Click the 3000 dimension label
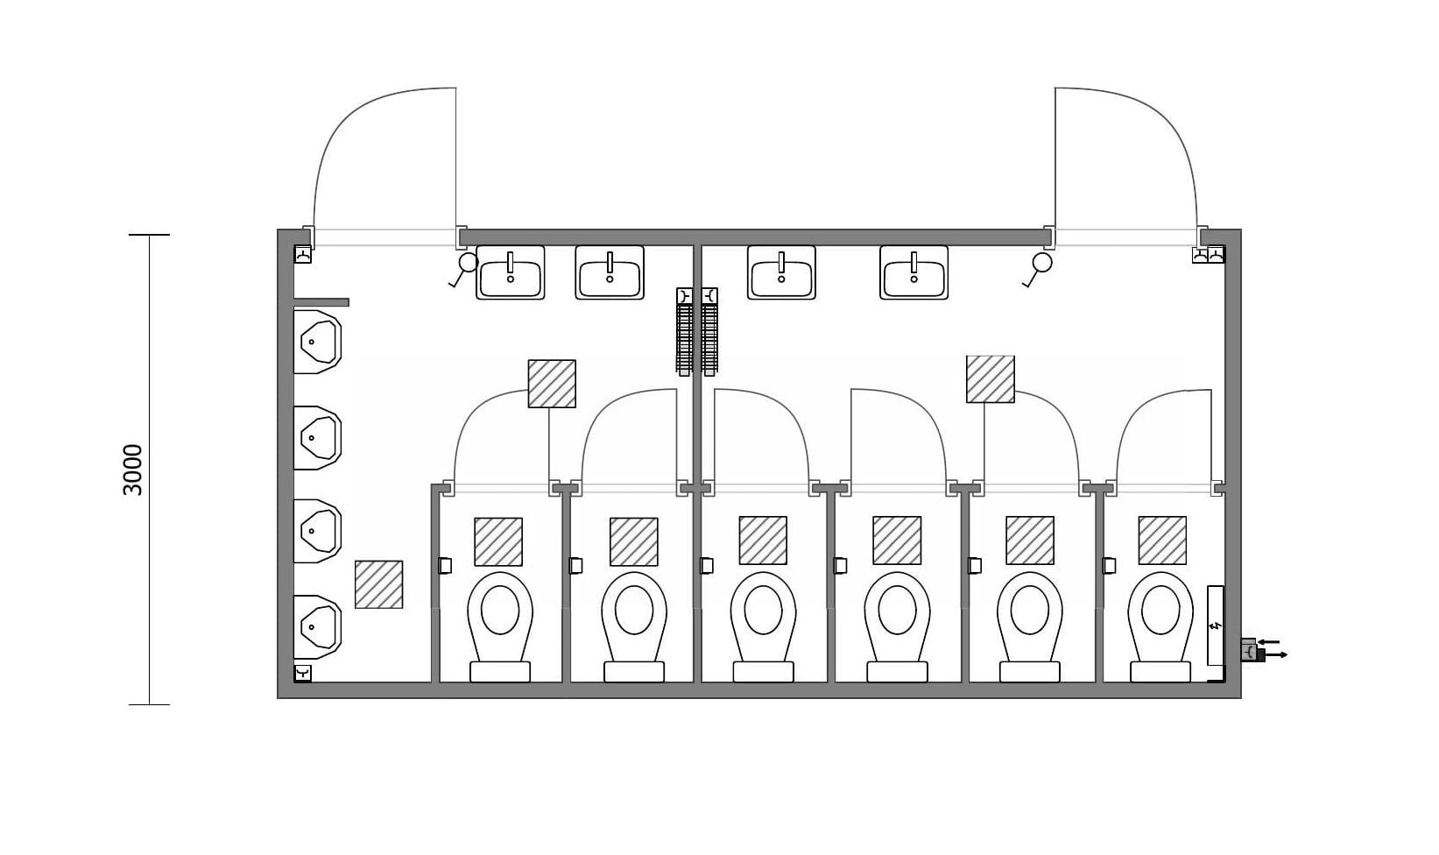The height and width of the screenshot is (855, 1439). pos(133,470)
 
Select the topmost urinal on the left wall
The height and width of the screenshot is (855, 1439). pos(316,342)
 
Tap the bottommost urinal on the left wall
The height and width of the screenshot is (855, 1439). pos(316,626)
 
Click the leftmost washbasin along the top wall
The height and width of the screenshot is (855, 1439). pos(511,272)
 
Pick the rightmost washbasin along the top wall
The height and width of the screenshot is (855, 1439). pos(913,272)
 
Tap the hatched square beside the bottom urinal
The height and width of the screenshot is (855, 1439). pos(378,584)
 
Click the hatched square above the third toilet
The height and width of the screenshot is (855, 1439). pos(763,541)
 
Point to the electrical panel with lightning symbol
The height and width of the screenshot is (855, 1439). pos(1215,625)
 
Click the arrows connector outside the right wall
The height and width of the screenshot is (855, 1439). pos(1265,649)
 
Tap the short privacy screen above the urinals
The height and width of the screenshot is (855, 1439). pos(321,302)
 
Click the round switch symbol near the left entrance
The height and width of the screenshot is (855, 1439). pos(469,262)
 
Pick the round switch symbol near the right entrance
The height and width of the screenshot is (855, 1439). pos(1041,262)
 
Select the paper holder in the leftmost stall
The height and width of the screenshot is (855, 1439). pos(445,566)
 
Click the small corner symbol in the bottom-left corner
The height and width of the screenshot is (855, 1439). pos(303,673)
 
